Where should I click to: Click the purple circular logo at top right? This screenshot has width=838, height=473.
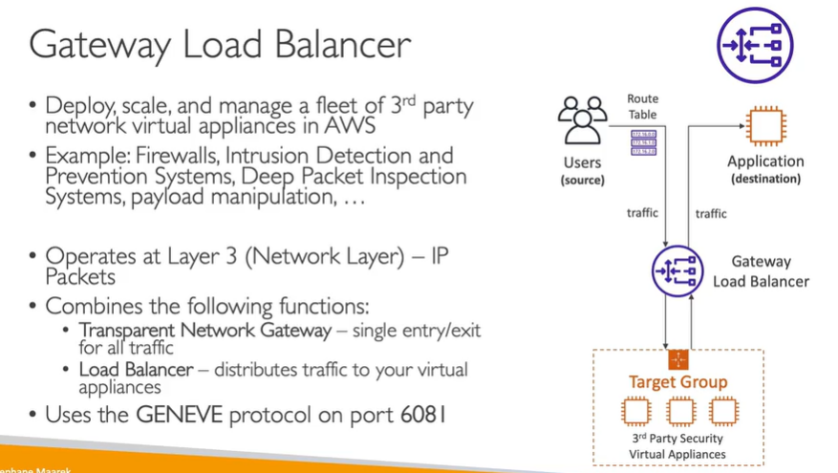(755, 44)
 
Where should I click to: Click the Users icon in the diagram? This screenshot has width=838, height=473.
(582, 118)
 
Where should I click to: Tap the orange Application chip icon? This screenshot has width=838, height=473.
(765, 126)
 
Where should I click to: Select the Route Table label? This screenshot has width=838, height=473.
(642, 106)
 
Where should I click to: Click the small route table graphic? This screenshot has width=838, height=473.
(643, 142)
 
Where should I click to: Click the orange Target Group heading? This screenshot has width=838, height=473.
(677, 382)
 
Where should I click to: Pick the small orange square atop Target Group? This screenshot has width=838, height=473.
(678, 360)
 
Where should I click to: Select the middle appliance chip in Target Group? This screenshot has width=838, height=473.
(679, 412)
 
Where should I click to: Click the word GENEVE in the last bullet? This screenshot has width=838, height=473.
(176, 416)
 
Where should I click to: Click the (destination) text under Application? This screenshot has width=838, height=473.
(765, 179)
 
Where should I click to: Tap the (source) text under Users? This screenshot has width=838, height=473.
(582, 180)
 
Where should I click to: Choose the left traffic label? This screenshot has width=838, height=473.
(642, 213)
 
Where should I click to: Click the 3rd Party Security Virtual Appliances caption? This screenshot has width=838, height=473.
(677, 446)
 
